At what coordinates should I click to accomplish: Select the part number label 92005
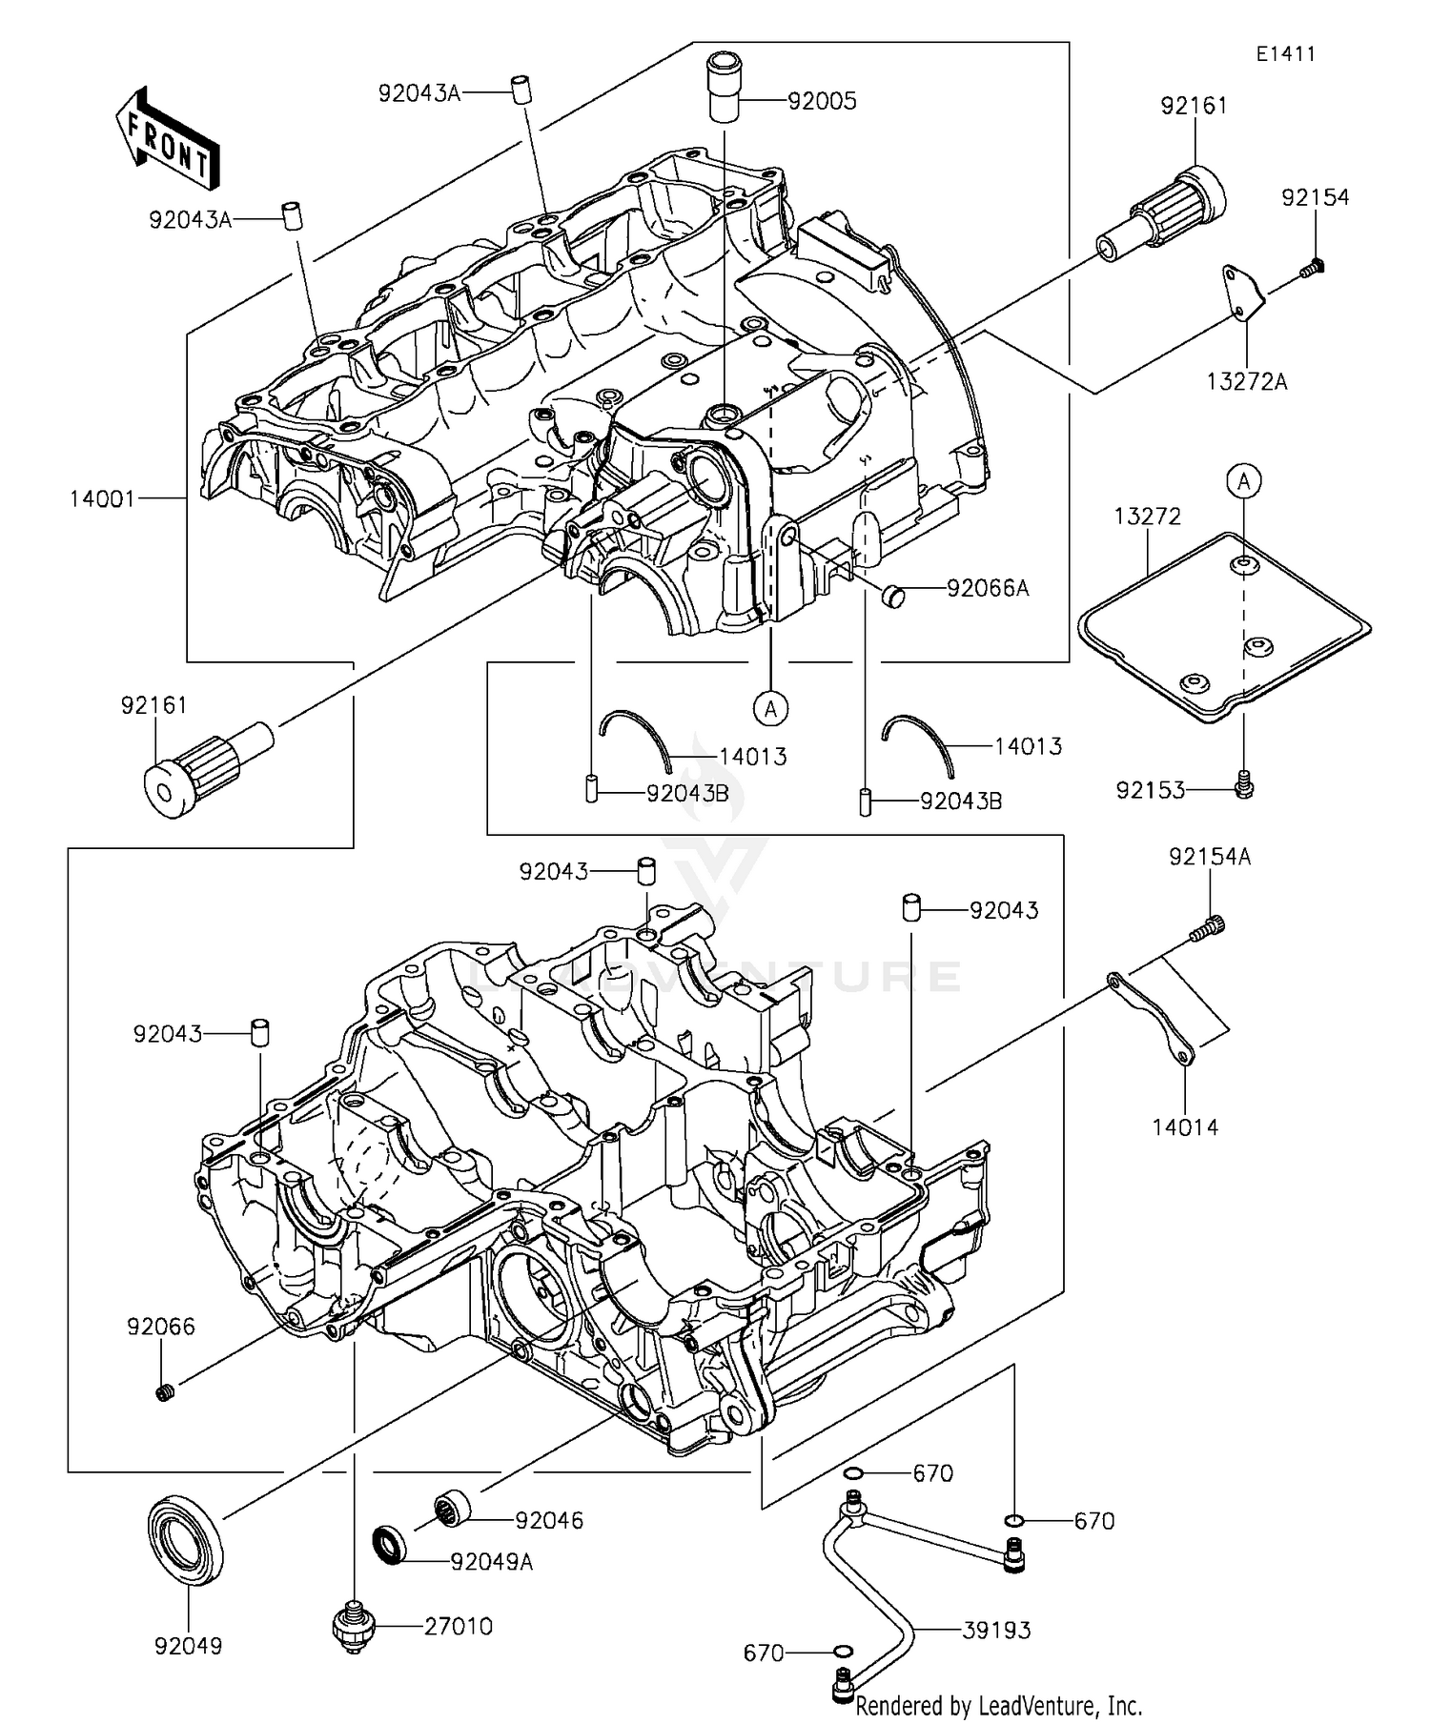click(x=821, y=100)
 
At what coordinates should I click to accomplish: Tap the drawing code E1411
click(x=1285, y=54)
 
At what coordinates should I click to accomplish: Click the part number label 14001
click(x=102, y=498)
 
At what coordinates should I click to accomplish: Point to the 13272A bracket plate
click(x=1241, y=293)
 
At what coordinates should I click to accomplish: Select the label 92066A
click(x=988, y=588)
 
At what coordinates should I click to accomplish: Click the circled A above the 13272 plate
click(x=1243, y=482)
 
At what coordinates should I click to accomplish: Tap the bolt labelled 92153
click(x=1243, y=784)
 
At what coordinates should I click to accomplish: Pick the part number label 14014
click(x=1185, y=1127)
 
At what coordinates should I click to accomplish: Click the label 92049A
click(x=491, y=1562)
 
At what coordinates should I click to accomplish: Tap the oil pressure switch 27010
click(x=354, y=1628)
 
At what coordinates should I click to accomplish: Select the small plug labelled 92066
click(x=163, y=1393)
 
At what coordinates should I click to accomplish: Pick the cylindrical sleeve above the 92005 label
click(x=725, y=88)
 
